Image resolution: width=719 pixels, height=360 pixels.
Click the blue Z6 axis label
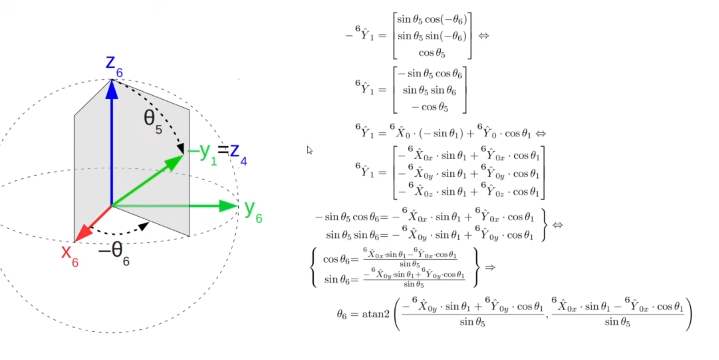pos(113,65)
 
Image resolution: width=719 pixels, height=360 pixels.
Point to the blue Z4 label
pos(238,153)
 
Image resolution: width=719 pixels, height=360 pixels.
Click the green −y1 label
pos(202,153)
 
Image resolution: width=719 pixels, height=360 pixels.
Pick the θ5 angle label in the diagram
pos(152,120)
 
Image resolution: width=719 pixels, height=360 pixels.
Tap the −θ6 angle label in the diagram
pos(114,252)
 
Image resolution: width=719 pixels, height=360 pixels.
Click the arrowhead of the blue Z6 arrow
pos(112,89)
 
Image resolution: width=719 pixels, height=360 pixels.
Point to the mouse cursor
pos(309,150)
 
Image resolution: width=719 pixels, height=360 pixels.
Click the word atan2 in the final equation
pos(375,314)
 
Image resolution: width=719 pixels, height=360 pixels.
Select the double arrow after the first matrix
pos(484,36)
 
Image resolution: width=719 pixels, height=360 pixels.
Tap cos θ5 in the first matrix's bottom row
pos(432,53)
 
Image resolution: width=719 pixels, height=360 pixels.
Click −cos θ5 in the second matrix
pos(430,107)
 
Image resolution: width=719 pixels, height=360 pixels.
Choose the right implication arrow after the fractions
pos(490,267)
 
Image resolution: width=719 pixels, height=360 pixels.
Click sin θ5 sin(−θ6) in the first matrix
pos(432,36)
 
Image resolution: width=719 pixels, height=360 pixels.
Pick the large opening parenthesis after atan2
pos(397,314)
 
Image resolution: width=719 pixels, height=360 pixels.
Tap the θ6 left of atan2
pos(341,315)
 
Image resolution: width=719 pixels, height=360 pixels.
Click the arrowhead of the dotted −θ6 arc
pos(143,227)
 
